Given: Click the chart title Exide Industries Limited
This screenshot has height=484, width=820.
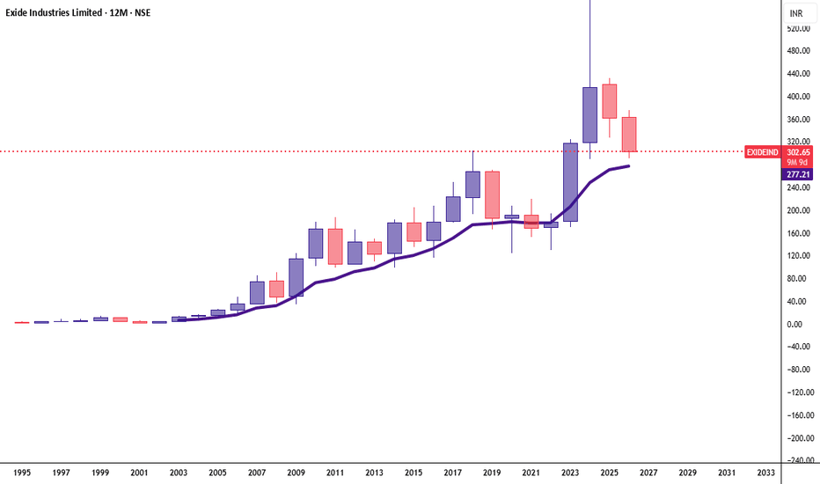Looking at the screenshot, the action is (x=54, y=12).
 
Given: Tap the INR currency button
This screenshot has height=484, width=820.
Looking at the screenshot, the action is (x=796, y=13).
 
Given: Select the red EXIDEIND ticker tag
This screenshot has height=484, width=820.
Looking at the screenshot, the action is (x=762, y=152).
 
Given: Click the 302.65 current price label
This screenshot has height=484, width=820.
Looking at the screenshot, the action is (x=798, y=152).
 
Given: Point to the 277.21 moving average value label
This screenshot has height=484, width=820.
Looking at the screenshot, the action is (x=798, y=174).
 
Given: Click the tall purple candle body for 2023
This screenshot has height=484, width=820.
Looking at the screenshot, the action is (x=570, y=182).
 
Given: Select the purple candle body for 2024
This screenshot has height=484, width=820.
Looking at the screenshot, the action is (x=589, y=115).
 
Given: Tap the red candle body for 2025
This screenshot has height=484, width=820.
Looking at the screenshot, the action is (x=609, y=101).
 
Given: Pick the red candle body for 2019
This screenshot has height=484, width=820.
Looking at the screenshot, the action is (x=492, y=194).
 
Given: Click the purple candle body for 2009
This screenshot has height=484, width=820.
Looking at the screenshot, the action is (x=296, y=277).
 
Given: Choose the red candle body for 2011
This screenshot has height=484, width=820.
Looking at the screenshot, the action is (x=335, y=246).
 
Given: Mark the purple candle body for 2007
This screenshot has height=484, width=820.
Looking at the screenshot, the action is (x=257, y=293).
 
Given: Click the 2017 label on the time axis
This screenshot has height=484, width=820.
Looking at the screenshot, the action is (x=453, y=473).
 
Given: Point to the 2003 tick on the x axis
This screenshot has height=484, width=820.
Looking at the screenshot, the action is (x=179, y=473).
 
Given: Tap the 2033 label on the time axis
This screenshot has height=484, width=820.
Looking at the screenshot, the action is (x=766, y=473).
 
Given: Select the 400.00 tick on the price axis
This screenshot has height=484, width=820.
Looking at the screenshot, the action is (x=798, y=97).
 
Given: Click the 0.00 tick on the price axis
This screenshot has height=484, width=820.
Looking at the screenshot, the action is (x=794, y=325).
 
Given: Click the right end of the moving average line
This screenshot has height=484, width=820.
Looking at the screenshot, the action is (x=628, y=165).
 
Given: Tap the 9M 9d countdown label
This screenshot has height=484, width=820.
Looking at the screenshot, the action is (x=798, y=162).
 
